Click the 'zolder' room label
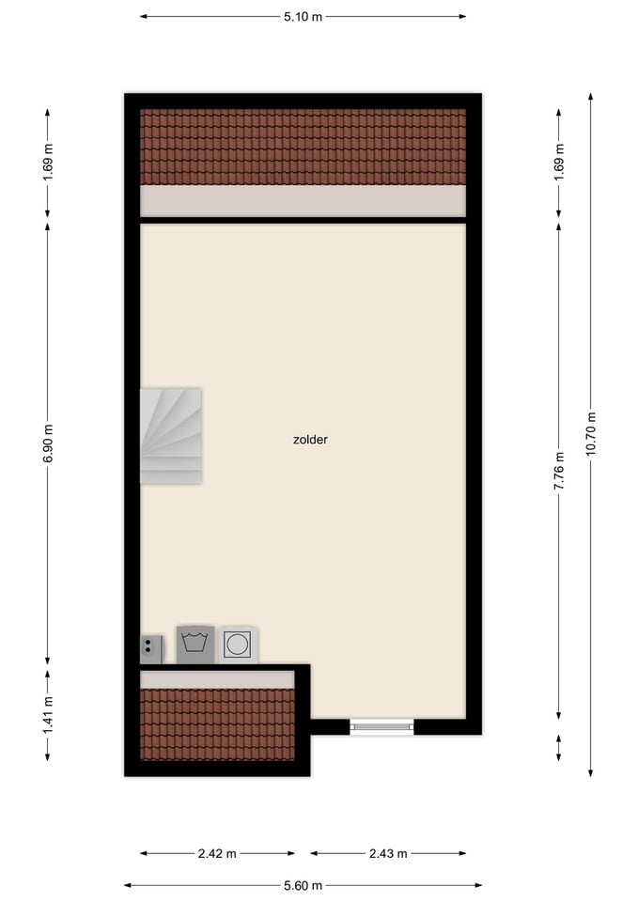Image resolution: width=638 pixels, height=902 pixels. [x=310, y=440]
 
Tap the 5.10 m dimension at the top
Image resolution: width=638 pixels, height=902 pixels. [x=303, y=17]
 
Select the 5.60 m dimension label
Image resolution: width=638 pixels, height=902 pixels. [x=303, y=885]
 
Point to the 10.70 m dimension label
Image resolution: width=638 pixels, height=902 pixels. [x=591, y=434]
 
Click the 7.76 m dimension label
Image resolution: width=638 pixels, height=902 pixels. [x=559, y=471]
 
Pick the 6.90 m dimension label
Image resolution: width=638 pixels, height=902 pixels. [x=48, y=443]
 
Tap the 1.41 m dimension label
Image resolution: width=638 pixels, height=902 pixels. [x=48, y=714]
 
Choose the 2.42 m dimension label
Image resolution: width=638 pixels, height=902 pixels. [x=217, y=854]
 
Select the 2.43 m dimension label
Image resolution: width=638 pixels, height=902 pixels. [x=388, y=854]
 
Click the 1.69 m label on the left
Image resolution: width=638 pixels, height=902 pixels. [x=48, y=162]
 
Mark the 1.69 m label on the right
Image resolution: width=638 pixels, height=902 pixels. [x=559, y=162]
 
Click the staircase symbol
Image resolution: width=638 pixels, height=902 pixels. [x=171, y=436]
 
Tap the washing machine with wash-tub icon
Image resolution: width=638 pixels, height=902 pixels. [x=195, y=645]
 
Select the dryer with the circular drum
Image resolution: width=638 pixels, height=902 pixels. [x=237, y=645]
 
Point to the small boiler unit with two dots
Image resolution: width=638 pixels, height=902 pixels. [x=151, y=649]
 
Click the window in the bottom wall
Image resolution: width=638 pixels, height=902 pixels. [x=382, y=727]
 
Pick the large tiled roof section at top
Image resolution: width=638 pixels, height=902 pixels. [x=303, y=147]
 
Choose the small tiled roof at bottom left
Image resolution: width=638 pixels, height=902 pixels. [x=217, y=724]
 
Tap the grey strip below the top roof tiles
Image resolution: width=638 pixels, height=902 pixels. [x=303, y=201]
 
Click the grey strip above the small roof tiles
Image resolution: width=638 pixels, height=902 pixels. [x=217, y=679]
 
